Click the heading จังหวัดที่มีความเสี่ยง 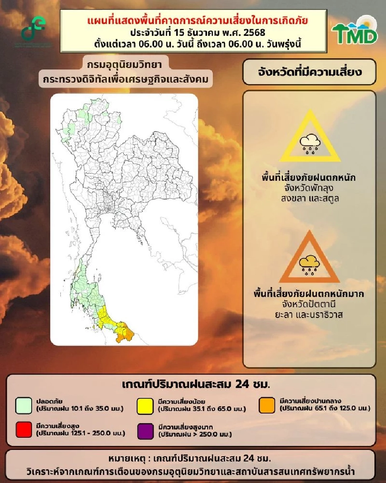click(x=309, y=72)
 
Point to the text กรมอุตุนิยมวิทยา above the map click(x=124, y=65)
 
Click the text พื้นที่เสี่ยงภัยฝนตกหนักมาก click(x=309, y=294)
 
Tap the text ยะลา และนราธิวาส click(x=309, y=315)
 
